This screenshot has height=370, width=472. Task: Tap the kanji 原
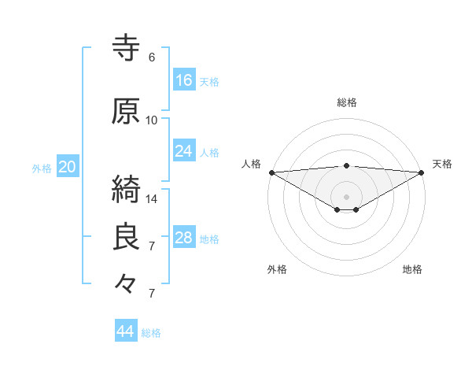127,112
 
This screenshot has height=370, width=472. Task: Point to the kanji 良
127,237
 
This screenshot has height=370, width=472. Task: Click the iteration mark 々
127,283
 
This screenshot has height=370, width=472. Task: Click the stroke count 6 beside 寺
152,57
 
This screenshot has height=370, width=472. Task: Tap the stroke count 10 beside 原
152,120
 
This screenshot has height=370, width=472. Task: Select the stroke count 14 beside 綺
152,198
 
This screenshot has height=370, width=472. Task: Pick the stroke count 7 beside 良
152,246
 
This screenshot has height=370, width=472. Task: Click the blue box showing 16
184,80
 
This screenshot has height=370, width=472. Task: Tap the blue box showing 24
184,151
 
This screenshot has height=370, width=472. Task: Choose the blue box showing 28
184,238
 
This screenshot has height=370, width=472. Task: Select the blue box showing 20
68,167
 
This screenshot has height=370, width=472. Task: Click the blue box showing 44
126,331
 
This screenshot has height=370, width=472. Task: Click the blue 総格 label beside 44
152,333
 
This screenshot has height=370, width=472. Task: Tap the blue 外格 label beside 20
42,168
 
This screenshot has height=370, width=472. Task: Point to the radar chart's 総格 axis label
347,102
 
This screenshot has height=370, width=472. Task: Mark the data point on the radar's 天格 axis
422,172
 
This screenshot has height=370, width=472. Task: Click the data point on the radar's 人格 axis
271,172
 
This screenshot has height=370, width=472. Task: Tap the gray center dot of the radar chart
347,196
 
